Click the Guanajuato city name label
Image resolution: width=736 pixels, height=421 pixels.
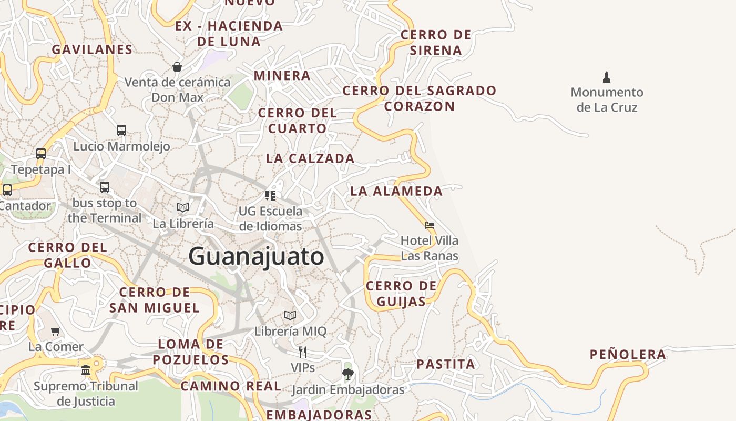point(256,257)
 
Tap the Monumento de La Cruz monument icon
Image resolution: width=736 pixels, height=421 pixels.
point(607,77)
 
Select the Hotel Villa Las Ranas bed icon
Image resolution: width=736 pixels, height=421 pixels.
point(430,225)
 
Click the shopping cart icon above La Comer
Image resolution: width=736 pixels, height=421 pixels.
point(55,331)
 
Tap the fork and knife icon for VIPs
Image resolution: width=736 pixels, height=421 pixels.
point(302,352)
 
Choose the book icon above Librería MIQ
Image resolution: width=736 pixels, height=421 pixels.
point(290,316)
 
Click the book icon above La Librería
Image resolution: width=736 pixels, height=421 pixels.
point(183,208)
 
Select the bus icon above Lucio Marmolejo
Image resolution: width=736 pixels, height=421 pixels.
point(121,130)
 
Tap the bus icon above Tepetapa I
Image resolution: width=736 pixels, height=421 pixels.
point(41,154)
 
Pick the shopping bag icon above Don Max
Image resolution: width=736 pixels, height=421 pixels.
point(177,67)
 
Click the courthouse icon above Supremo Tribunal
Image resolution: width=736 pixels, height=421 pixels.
point(86,370)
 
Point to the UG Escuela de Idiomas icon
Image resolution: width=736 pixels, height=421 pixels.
point(270,196)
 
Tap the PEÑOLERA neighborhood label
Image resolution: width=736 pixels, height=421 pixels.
point(628,355)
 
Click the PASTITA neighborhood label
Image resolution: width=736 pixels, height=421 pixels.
point(446,364)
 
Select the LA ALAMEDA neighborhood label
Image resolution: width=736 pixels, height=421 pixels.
point(396,191)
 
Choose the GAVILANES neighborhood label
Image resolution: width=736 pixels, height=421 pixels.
point(92,49)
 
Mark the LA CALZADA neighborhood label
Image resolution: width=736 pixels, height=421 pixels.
point(310,158)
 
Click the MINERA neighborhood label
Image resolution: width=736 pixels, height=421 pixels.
point(282,75)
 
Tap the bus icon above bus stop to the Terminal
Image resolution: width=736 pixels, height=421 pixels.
point(105,187)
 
